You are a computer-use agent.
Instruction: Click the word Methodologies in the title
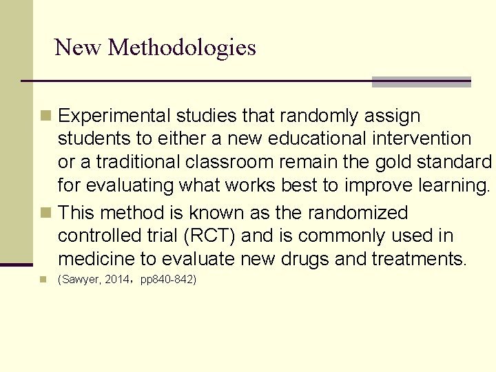coord(182,48)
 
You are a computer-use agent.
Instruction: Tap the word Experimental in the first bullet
coord(116,116)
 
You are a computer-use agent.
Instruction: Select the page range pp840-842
coord(168,280)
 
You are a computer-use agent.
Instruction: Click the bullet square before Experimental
coord(45,115)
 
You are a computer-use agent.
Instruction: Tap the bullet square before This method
coord(45,212)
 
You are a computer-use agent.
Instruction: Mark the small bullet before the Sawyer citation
coord(44,280)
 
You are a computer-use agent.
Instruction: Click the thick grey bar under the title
coord(421,82)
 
